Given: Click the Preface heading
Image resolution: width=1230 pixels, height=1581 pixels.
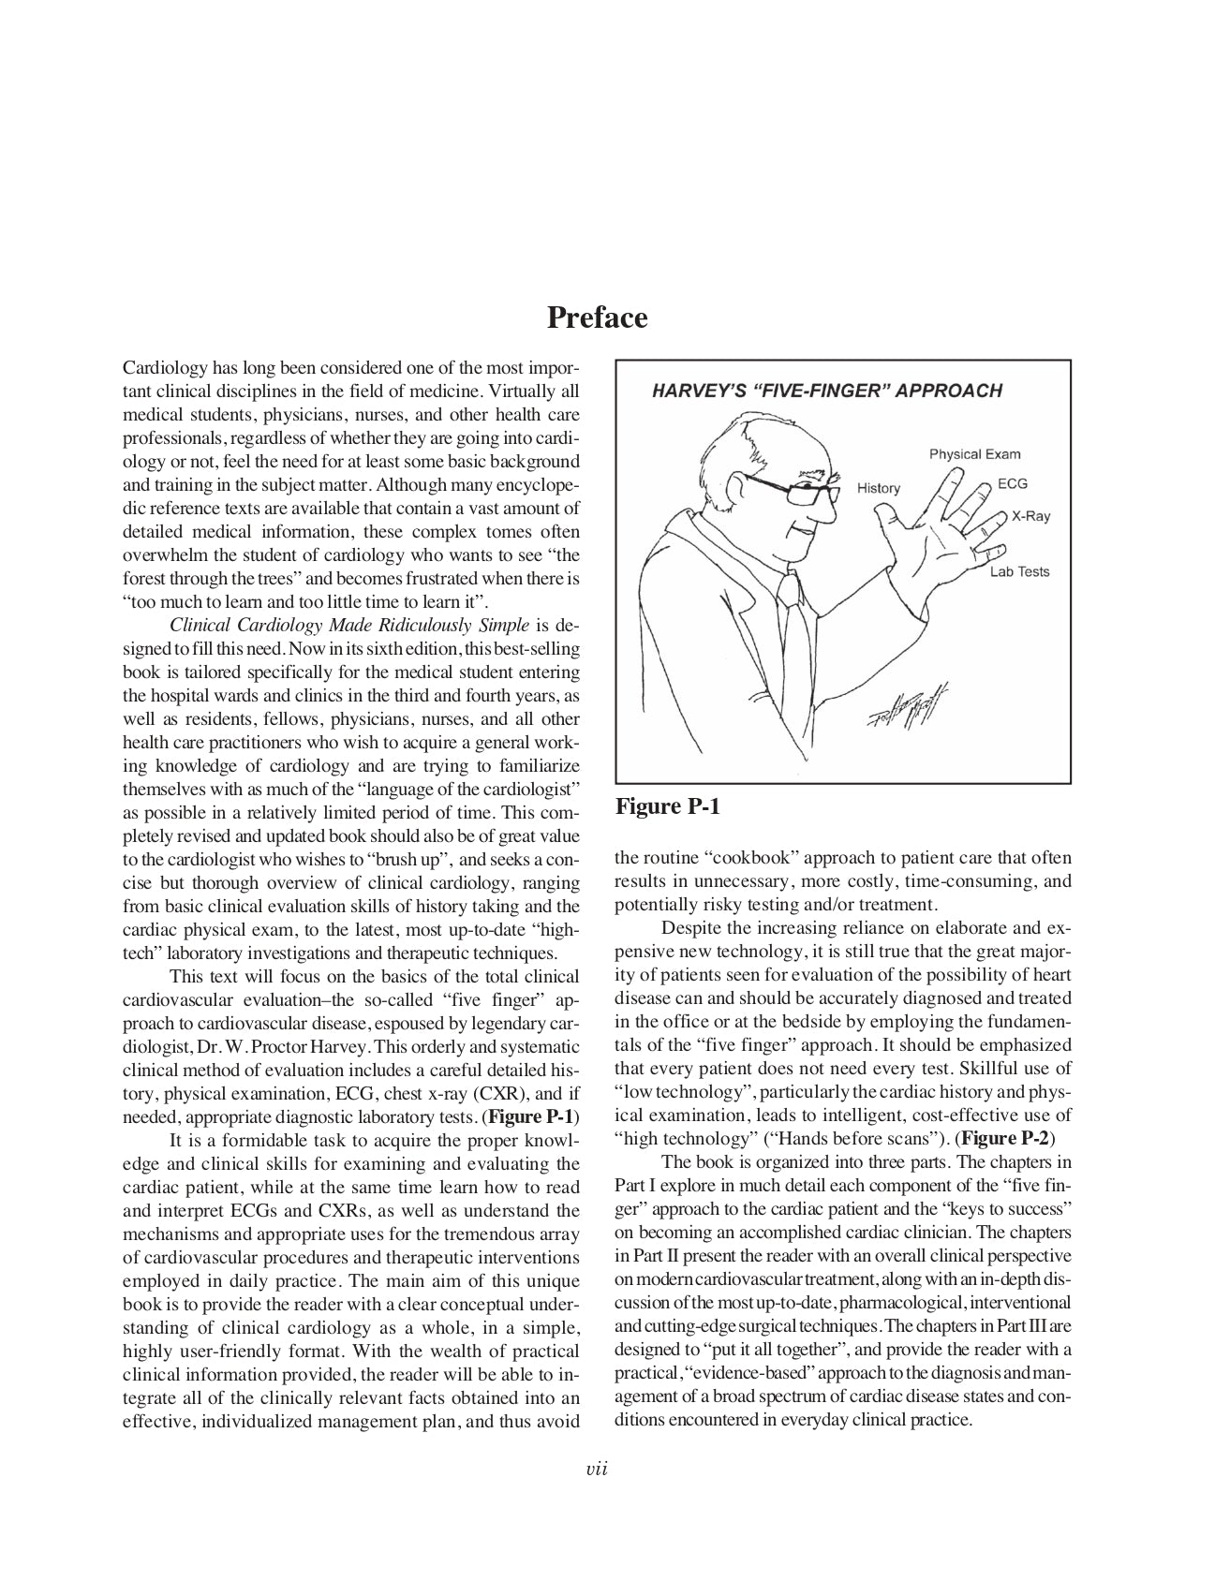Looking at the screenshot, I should [x=597, y=318].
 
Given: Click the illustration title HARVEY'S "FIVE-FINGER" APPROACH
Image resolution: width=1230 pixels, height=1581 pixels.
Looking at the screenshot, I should [x=826, y=391].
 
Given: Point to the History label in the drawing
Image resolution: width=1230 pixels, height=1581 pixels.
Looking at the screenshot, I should [x=878, y=488].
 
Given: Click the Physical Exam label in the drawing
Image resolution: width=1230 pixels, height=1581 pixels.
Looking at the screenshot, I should [x=974, y=454].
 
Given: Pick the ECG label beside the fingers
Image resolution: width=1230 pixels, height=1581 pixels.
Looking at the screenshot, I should [x=1012, y=483].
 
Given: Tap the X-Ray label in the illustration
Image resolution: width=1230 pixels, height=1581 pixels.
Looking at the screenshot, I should [x=1030, y=516].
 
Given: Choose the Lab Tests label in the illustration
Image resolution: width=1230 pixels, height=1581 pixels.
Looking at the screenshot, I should [x=1019, y=571].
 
